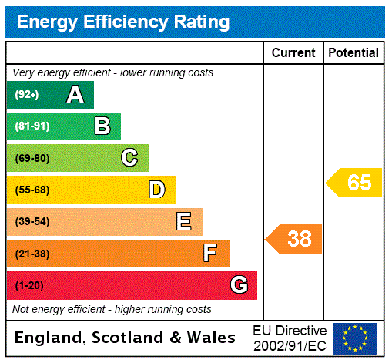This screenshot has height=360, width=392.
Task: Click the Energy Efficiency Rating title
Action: [122, 22]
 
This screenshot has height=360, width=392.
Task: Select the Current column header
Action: [293, 52]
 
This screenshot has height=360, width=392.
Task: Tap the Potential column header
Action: [353, 52]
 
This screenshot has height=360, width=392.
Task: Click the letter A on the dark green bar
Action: [75, 95]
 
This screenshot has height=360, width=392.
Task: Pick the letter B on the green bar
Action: [102, 126]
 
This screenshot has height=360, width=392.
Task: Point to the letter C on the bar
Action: [129, 158]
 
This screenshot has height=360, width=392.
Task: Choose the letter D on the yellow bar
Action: [156, 190]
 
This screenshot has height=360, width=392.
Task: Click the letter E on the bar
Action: [184, 222]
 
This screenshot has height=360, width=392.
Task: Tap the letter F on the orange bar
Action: [210, 253]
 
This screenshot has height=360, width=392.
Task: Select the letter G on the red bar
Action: [239, 285]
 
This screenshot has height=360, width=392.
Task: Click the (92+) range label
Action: [27, 96]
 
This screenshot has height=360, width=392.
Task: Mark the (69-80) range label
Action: [32, 159]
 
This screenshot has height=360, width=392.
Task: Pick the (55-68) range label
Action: [32, 190]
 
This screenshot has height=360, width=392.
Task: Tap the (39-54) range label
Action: [32, 222]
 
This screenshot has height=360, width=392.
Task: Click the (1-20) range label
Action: [28, 286]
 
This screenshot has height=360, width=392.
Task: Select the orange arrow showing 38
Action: [295, 239]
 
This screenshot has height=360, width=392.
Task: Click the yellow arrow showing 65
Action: [355, 183]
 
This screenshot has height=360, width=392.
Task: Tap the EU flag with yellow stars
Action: [355, 338]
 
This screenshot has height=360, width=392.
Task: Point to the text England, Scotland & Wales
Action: [126, 338]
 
